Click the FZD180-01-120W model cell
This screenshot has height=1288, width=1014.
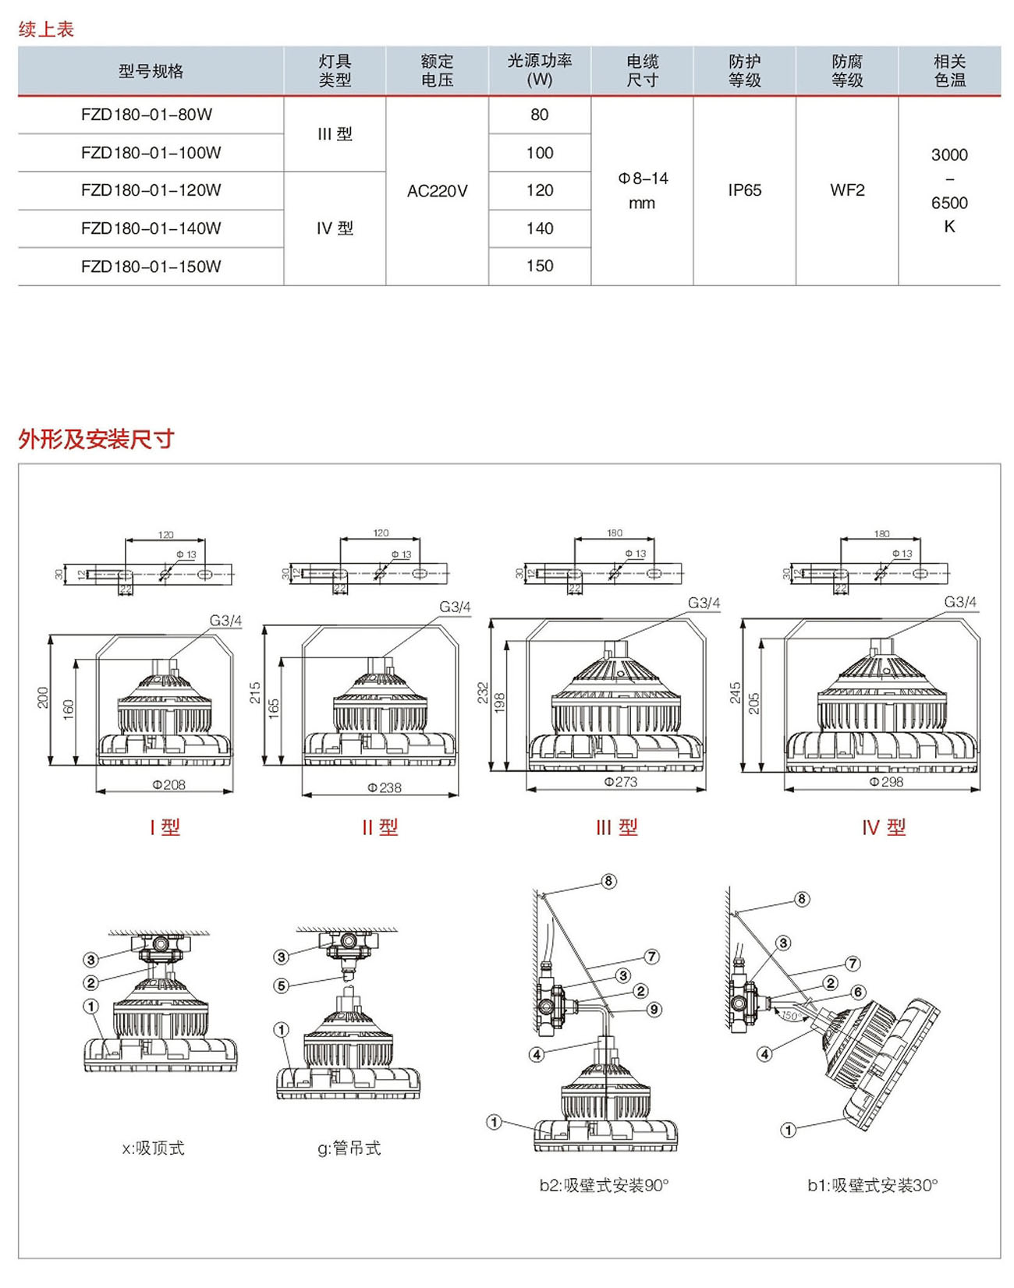(x=151, y=190)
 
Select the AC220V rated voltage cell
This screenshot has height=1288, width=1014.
(x=437, y=191)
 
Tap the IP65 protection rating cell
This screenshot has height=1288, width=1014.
(x=744, y=190)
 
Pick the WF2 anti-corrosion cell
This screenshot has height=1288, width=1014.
(x=847, y=190)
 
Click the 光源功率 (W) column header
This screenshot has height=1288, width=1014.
(x=539, y=70)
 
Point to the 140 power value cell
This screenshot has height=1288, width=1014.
(x=539, y=228)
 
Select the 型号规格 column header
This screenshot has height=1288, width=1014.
(x=151, y=71)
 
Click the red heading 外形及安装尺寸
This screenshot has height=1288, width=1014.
(x=96, y=439)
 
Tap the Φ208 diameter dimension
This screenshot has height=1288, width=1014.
(x=168, y=784)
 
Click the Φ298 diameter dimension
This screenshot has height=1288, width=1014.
(x=886, y=781)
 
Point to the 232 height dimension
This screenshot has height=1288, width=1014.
(x=483, y=693)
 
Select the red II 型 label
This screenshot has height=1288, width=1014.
(x=380, y=827)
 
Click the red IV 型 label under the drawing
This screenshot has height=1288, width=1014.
(x=884, y=827)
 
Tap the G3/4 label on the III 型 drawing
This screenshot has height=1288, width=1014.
(x=704, y=603)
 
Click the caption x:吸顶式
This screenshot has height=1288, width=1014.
(x=154, y=1148)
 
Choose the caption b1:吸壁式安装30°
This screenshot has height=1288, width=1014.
(x=872, y=1185)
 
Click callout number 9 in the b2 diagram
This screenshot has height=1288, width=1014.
(x=654, y=1010)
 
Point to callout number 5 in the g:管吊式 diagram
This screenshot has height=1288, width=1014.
(x=282, y=985)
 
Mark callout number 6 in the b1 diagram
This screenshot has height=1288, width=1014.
(x=858, y=992)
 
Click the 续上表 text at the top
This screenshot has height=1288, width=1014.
(x=46, y=30)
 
